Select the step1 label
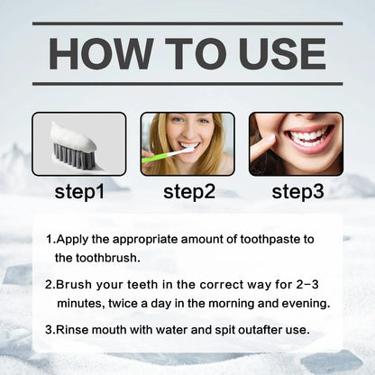click(x=79, y=191)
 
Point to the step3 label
click(x=297, y=191)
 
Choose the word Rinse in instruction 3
click(x=76, y=329)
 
